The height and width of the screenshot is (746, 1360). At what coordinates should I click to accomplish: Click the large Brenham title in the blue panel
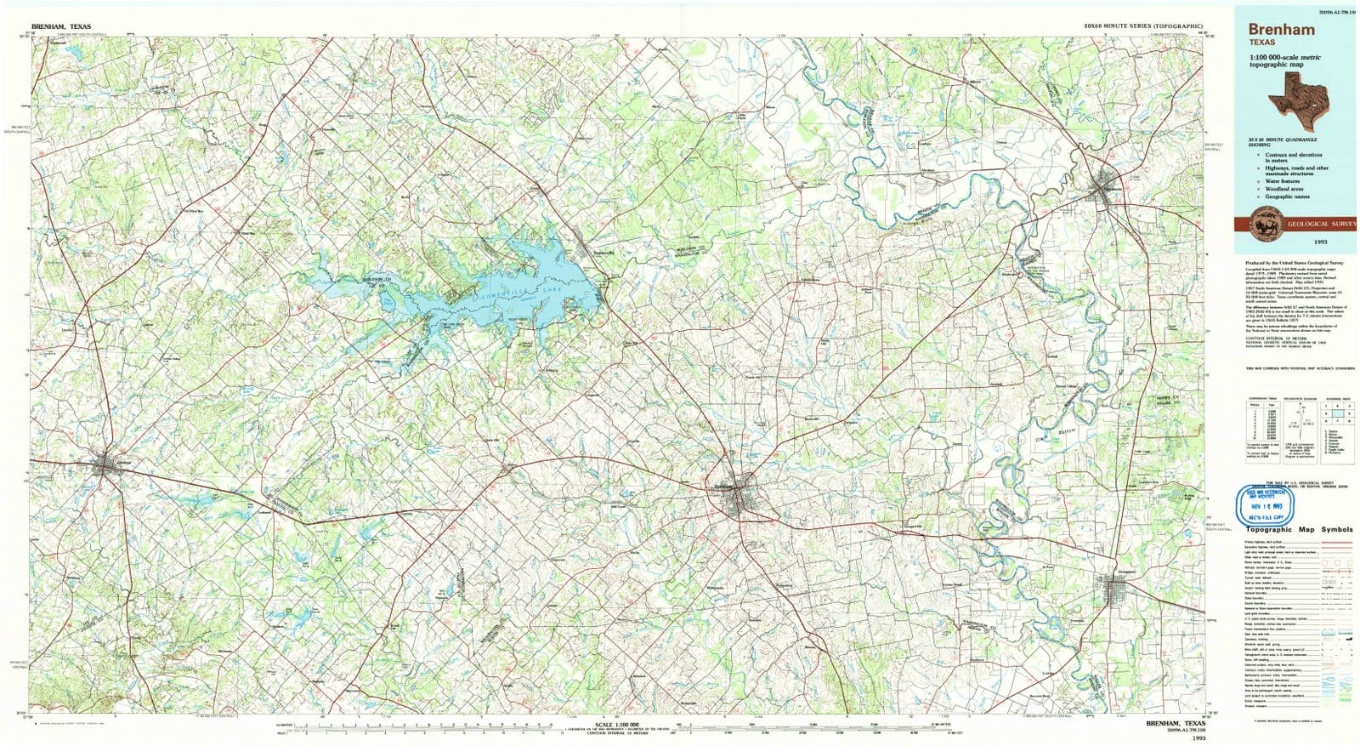pyautogui.click(x=1282, y=29)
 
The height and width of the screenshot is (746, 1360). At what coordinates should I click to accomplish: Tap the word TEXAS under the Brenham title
pyautogui.click(x=1261, y=42)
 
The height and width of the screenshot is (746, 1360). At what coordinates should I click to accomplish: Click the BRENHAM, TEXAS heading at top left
pyautogui.click(x=60, y=26)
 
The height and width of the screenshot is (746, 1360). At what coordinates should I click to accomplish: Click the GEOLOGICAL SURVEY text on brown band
pyautogui.click(x=1322, y=223)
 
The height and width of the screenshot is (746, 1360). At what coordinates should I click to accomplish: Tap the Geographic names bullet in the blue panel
pyautogui.click(x=1287, y=196)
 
